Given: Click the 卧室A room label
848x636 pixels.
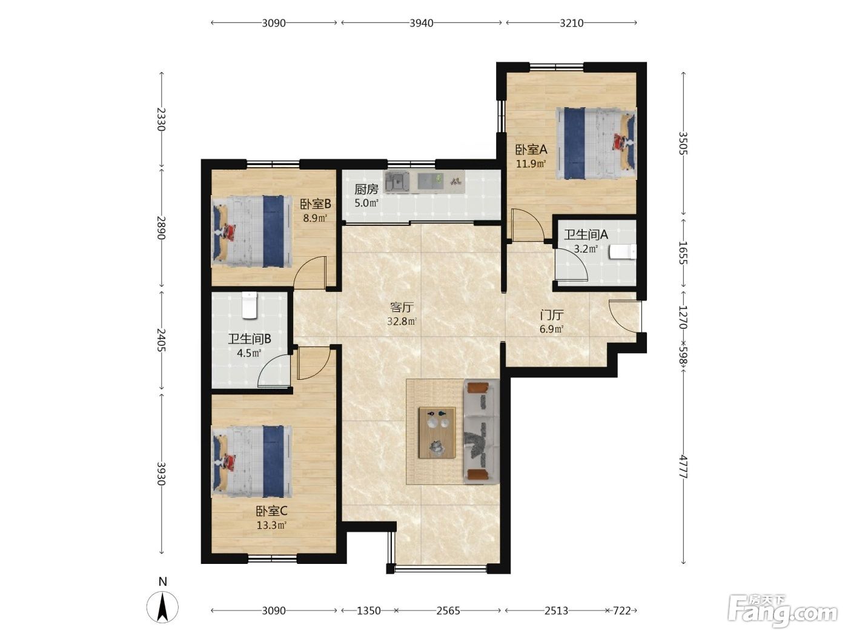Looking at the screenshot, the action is (531, 149).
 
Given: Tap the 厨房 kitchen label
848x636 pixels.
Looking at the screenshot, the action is (366, 189).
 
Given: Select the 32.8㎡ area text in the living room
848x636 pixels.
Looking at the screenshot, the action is (402, 321).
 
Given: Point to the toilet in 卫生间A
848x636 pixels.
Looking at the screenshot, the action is (623, 251).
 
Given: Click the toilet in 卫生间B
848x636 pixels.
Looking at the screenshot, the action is (250, 305).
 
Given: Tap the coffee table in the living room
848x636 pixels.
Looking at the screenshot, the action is (437, 432).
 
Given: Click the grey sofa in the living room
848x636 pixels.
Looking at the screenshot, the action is (482, 431).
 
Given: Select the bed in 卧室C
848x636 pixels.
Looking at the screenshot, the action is (252, 461).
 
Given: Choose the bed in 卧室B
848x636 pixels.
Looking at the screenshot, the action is (252, 231).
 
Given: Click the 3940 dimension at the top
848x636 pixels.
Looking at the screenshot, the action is (421, 23).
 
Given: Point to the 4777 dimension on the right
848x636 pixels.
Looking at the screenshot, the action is (683, 467).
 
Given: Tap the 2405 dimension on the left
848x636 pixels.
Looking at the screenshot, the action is (162, 340).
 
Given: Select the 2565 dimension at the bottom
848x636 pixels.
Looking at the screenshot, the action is (448, 611).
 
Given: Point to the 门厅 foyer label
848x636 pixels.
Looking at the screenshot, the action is (552, 315).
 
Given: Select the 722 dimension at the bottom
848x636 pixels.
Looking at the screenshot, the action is (621, 611).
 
